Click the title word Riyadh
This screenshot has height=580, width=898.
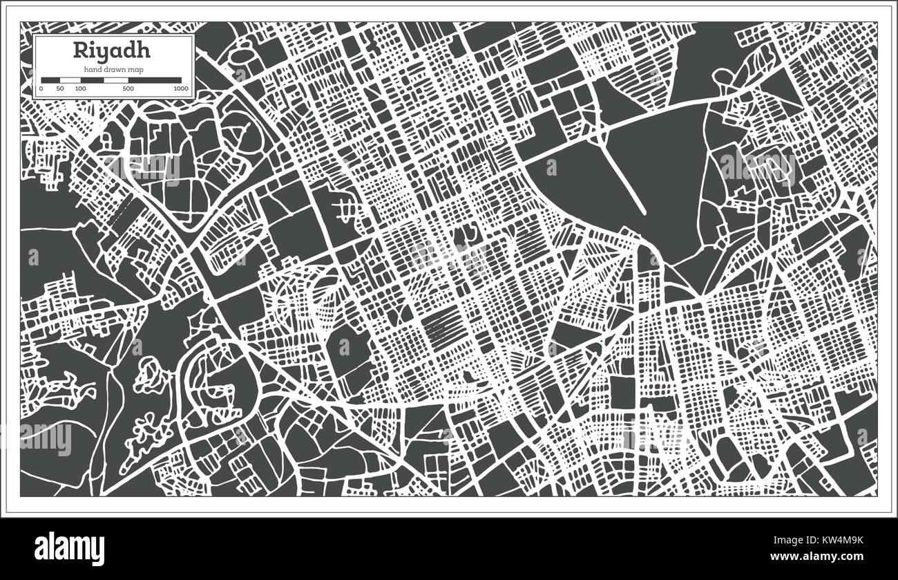pos(113,51)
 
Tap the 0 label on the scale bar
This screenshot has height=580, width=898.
pos(41,89)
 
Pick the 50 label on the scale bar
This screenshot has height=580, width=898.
pos(60,89)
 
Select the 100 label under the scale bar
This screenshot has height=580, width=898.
pos(81,89)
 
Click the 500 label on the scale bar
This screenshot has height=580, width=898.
pos(128,89)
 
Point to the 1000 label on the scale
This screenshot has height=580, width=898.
pos(181,89)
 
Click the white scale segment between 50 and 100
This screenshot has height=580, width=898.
pos(70,80)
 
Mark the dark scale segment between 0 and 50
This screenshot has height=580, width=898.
pos(51,80)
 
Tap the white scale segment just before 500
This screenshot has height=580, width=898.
pos(116,80)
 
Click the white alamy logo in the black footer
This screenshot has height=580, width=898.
pos(69,549)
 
